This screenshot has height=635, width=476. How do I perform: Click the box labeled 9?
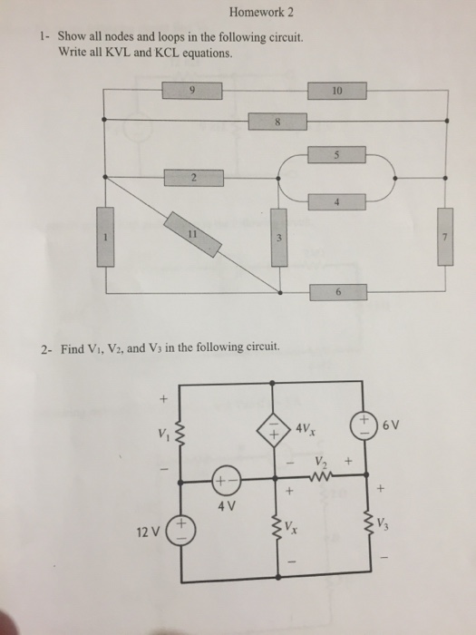[192, 91]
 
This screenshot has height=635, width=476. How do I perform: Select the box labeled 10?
[337, 91]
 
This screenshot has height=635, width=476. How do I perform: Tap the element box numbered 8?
[277, 122]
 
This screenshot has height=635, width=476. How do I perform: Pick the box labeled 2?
[194, 178]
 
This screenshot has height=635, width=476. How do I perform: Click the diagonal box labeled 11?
[192, 234]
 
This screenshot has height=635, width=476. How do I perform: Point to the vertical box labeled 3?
[279, 238]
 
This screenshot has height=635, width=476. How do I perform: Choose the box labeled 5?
[336, 155]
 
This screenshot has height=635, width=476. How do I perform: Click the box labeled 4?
[336, 201]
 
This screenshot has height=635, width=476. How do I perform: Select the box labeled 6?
[338, 292]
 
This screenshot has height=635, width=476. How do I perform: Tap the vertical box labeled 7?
[445, 237]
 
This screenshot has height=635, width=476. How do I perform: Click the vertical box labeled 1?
[105, 237]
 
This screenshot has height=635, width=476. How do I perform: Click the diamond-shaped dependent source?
[274, 430]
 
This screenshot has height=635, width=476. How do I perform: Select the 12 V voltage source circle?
[181, 530]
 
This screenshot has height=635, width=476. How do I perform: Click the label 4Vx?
[306, 428]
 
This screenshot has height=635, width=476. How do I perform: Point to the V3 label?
[384, 525]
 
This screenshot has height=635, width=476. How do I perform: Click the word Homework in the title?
[257, 12]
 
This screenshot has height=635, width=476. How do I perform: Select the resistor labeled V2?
[321, 476]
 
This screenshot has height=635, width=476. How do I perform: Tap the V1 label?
[163, 435]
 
